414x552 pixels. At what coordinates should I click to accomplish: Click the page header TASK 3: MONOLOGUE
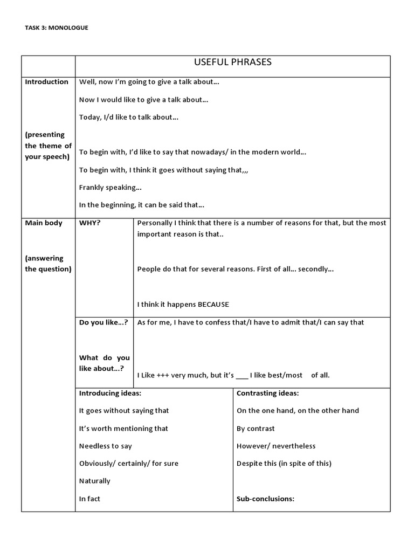[x=56, y=27]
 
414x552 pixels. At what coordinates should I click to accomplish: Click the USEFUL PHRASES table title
[x=232, y=63]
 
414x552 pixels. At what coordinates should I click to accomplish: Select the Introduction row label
[x=47, y=82]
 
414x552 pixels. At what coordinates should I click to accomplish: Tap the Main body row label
[x=44, y=223]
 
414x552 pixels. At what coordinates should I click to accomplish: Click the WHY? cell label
[x=90, y=223]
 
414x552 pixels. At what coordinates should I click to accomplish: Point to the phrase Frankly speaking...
[x=111, y=188]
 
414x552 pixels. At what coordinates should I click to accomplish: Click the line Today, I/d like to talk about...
[x=129, y=117]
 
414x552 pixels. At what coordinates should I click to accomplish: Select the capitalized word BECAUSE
[x=213, y=305]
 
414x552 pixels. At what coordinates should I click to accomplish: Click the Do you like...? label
[x=103, y=322]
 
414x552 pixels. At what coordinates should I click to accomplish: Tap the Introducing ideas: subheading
[x=110, y=393]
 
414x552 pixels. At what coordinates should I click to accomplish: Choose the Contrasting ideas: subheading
[x=268, y=393]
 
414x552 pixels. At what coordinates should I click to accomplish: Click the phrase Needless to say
[x=105, y=446]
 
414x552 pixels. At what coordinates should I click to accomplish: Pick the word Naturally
[x=94, y=481]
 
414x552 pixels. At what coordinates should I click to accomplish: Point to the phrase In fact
[x=89, y=499]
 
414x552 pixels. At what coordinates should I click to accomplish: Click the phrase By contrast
[x=256, y=429]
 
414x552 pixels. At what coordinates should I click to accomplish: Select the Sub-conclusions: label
[x=265, y=499]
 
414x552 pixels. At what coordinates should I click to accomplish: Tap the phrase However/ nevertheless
[x=276, y=446]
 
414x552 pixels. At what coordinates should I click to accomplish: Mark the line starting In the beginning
[x=142, y=205]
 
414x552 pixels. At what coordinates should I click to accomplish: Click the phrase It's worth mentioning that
[x=123, y=429]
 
